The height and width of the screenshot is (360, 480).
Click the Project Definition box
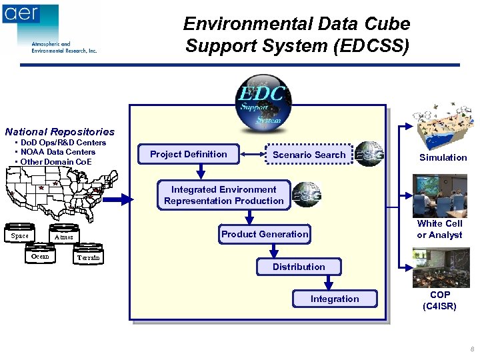point(188,155)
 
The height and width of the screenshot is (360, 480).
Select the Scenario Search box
point(309,155)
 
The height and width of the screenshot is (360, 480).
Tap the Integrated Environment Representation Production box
point(224,195)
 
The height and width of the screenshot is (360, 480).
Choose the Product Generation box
point(265,234)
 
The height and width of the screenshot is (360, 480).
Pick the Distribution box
point(299,267)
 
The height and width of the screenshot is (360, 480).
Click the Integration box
point(335,299)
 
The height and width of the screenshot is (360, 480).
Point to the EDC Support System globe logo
point(261,101)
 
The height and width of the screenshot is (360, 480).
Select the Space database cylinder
point(20,235)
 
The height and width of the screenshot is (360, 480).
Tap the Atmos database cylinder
point(63,237)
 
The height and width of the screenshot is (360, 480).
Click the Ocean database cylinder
point(40,257)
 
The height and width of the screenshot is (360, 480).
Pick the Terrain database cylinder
point(88,257)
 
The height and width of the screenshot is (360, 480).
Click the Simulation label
point(443,158)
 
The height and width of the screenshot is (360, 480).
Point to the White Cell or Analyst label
point(439,229)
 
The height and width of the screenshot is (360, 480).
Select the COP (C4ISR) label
point(439,301)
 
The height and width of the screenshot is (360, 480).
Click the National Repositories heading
point(60,132)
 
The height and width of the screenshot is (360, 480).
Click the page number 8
point(472,349)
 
